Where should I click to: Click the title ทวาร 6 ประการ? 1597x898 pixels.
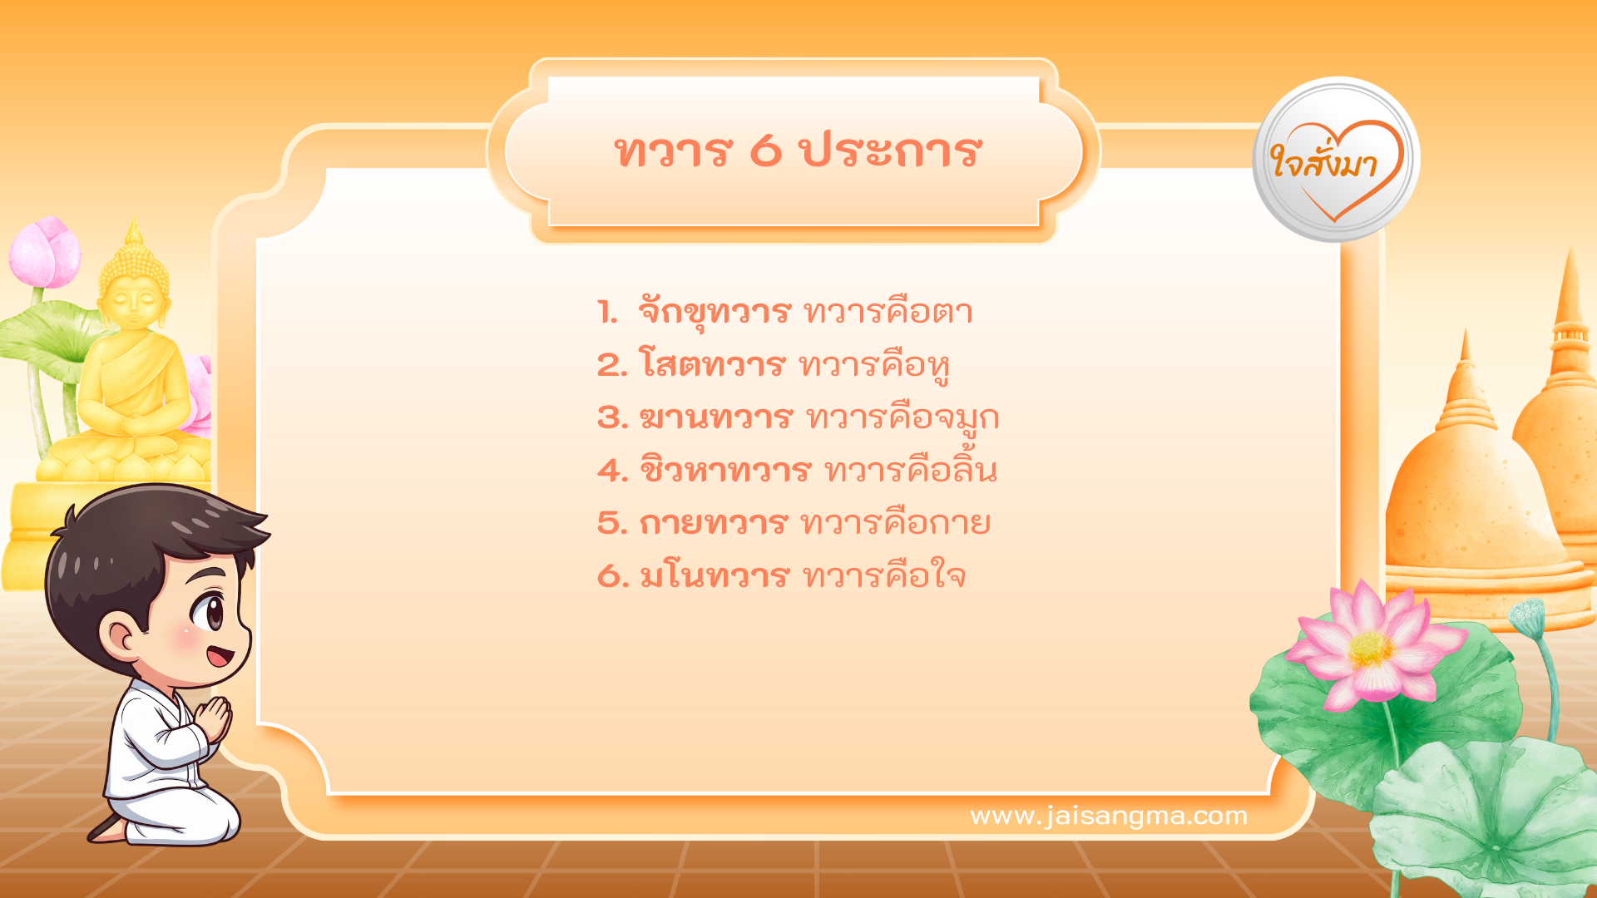point(797,151)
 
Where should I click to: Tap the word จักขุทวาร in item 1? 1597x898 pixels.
point(714,313)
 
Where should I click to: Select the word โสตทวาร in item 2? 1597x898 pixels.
point(711,365)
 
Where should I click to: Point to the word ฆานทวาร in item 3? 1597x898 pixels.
point(715,417)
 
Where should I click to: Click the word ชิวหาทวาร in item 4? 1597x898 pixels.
point(724,471)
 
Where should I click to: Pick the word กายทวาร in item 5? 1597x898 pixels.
point(712,523)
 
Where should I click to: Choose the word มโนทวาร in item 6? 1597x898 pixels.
point(713,576)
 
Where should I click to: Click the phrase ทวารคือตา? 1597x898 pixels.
point(887,313)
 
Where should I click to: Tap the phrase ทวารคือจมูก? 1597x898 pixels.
point(902,417)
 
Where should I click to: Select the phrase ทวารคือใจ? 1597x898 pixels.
point(883,576)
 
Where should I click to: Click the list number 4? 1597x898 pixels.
point(611,471)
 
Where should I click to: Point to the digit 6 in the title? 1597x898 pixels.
point(766,151)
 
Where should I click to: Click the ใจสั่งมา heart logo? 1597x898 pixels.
point(1336,160)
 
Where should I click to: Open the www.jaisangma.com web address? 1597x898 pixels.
point(1109,816)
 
